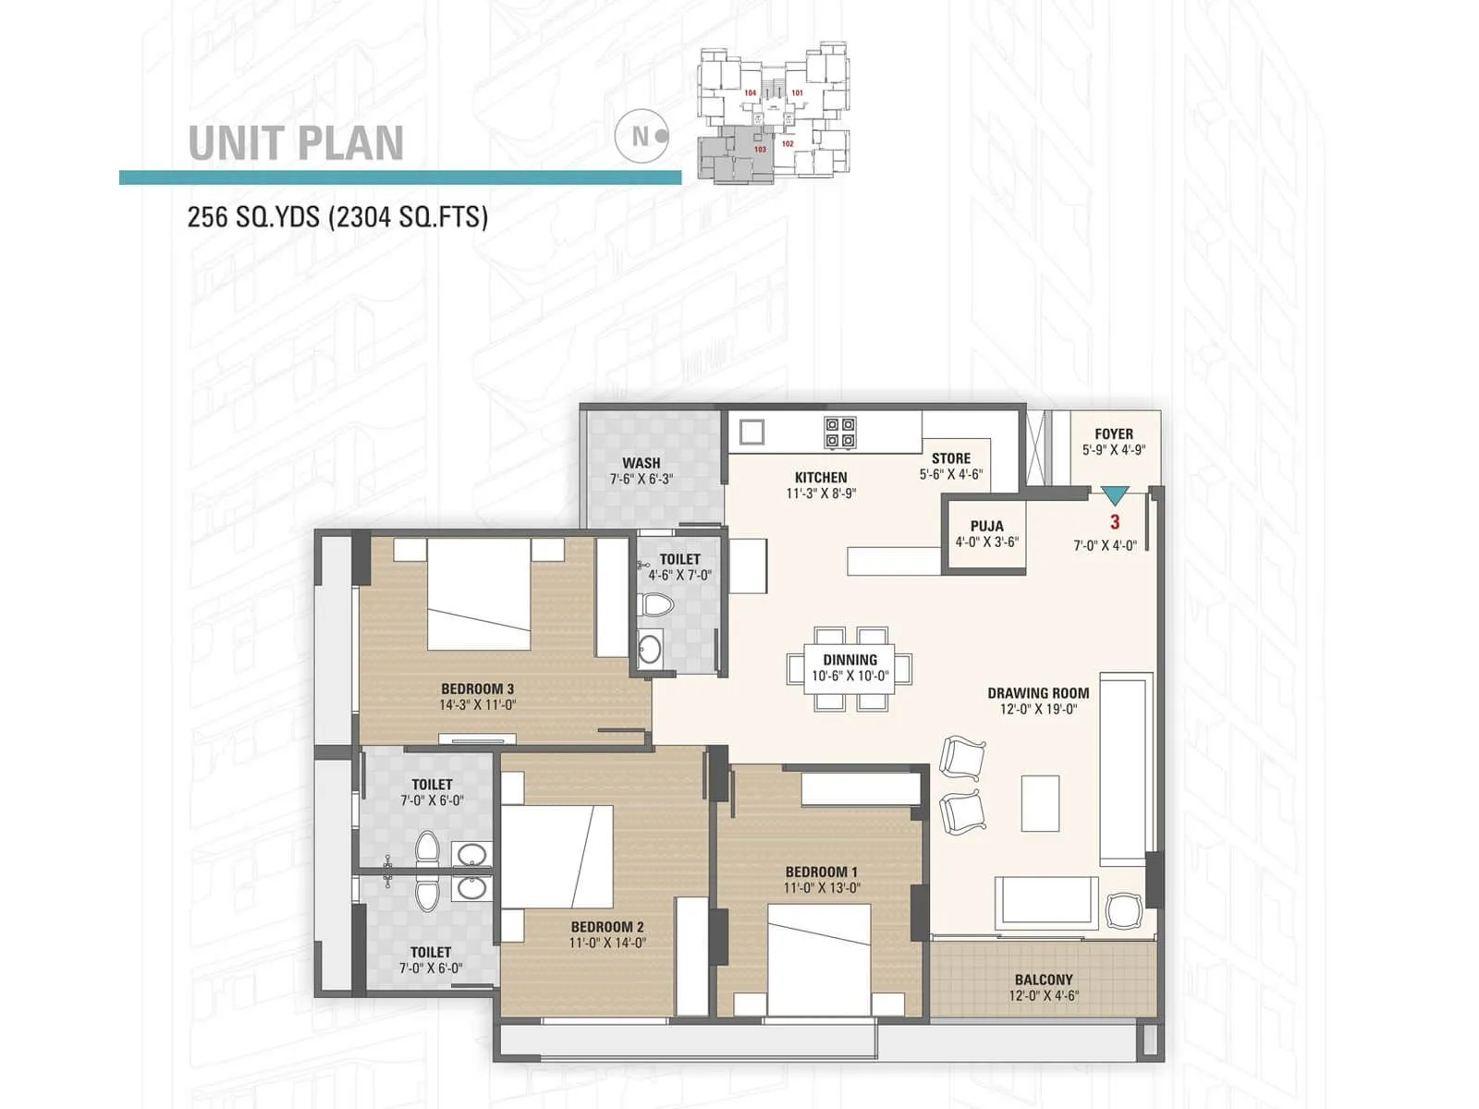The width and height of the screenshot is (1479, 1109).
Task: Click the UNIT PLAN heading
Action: pyautogui.click(x=296, y=142)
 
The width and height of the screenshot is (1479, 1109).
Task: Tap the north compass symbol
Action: pyautogui.click(x=642, y=136)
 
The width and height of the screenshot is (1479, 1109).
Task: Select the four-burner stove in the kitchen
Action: pyautogui.click(x=839, y=433)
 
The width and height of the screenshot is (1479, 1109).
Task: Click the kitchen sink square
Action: pyautogui.click(x=752, y=432)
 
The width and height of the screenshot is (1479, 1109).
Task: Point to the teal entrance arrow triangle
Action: pyautogui.click(x=1116, y=494)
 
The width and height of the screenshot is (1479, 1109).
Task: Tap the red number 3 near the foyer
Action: pyautogui.click(x=1115, y=522)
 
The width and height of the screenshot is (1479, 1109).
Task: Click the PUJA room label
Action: pyautogui.click(x=986, y=526)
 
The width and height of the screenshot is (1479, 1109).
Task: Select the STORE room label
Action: pyautogui.click(x=950, y=458)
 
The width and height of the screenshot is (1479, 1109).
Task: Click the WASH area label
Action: pyautogui.click(x=641, y=463)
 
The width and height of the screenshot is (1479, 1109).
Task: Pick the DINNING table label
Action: pyautogui.click(x=850, y=660)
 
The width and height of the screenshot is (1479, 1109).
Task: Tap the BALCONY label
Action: pyautogui.click(x=1044, y=980)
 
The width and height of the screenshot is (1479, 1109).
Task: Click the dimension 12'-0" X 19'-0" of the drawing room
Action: pyautogui.click(x=1037, y=710)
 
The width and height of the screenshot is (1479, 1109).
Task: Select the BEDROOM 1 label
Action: pyautogui.click(x=821, y=871)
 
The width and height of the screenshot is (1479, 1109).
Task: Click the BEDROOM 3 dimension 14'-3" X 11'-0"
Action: pyautogui.click(x=477, y=705)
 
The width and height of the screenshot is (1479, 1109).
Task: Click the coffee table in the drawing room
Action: pyautogui.click(x=1040, y=803)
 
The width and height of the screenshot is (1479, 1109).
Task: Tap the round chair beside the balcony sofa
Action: pyautogui.click(x=1124, y=910)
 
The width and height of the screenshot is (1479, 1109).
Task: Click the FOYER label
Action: pyautogui.click(x=1113, y=433)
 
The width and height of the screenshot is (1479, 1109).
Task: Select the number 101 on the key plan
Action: pyautogui.click(x=797, y=92)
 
